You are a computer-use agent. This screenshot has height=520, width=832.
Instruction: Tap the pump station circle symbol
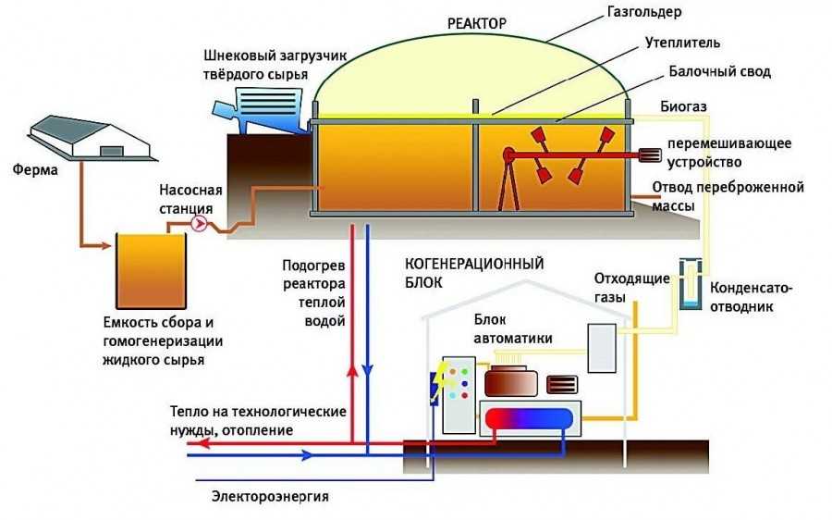click(x=198, y=223)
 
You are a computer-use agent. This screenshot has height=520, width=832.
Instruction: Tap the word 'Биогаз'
click(x=685, y=107)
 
